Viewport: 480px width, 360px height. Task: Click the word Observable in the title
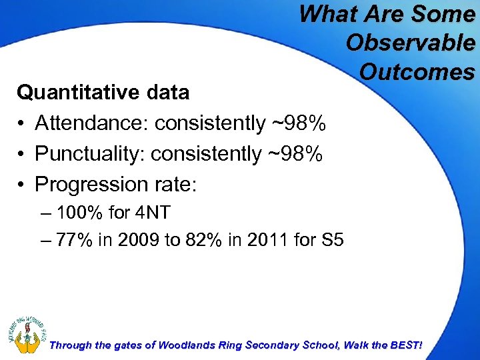click(x=411, y=42)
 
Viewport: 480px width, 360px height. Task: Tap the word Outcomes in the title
click(x=417, y=71)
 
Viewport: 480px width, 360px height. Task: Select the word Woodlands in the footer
click(x=183, y=345)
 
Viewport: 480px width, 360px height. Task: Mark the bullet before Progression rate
click(x=22, y=185)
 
